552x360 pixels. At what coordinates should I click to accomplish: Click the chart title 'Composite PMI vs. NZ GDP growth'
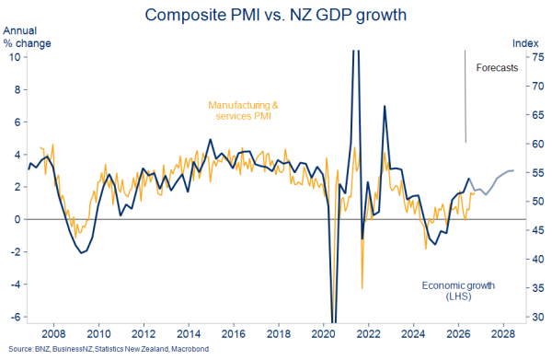[x=276, y=15]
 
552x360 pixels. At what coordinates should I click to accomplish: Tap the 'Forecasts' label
[x=497, y=67]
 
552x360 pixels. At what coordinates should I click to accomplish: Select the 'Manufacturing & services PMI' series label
[x=243, y=110]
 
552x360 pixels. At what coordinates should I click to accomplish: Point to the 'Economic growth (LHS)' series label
[x=458, y=291]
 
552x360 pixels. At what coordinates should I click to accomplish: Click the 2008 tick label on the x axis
[x=54, y=333]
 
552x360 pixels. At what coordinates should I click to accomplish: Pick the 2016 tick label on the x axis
[x=234, y=333]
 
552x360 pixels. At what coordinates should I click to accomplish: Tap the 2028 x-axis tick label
[x=503, y=333]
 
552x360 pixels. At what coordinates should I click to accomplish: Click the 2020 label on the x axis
[x=323, y=333]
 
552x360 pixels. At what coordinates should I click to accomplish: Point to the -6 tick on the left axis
[x=16, y=317]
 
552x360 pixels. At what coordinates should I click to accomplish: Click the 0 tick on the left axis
[x=17, y=219]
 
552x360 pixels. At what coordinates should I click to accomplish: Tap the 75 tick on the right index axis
[x=538, y=57]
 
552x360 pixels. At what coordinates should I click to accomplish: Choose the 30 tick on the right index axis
[x=538, y=317]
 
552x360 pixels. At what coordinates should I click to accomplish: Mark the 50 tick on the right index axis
[x=538, y=202]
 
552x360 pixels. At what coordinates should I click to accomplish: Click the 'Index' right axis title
[x=525, y=43]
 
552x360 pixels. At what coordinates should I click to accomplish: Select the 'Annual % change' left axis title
[x=27, y=37]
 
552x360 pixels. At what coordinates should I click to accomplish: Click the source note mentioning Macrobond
[x=109, y=349]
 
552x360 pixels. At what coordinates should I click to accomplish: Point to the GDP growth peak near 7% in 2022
[x=385, y=106]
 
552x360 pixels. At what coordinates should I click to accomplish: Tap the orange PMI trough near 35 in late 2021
[x=362, y=288]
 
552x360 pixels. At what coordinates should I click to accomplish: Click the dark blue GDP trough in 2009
[x=81, y=253]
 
